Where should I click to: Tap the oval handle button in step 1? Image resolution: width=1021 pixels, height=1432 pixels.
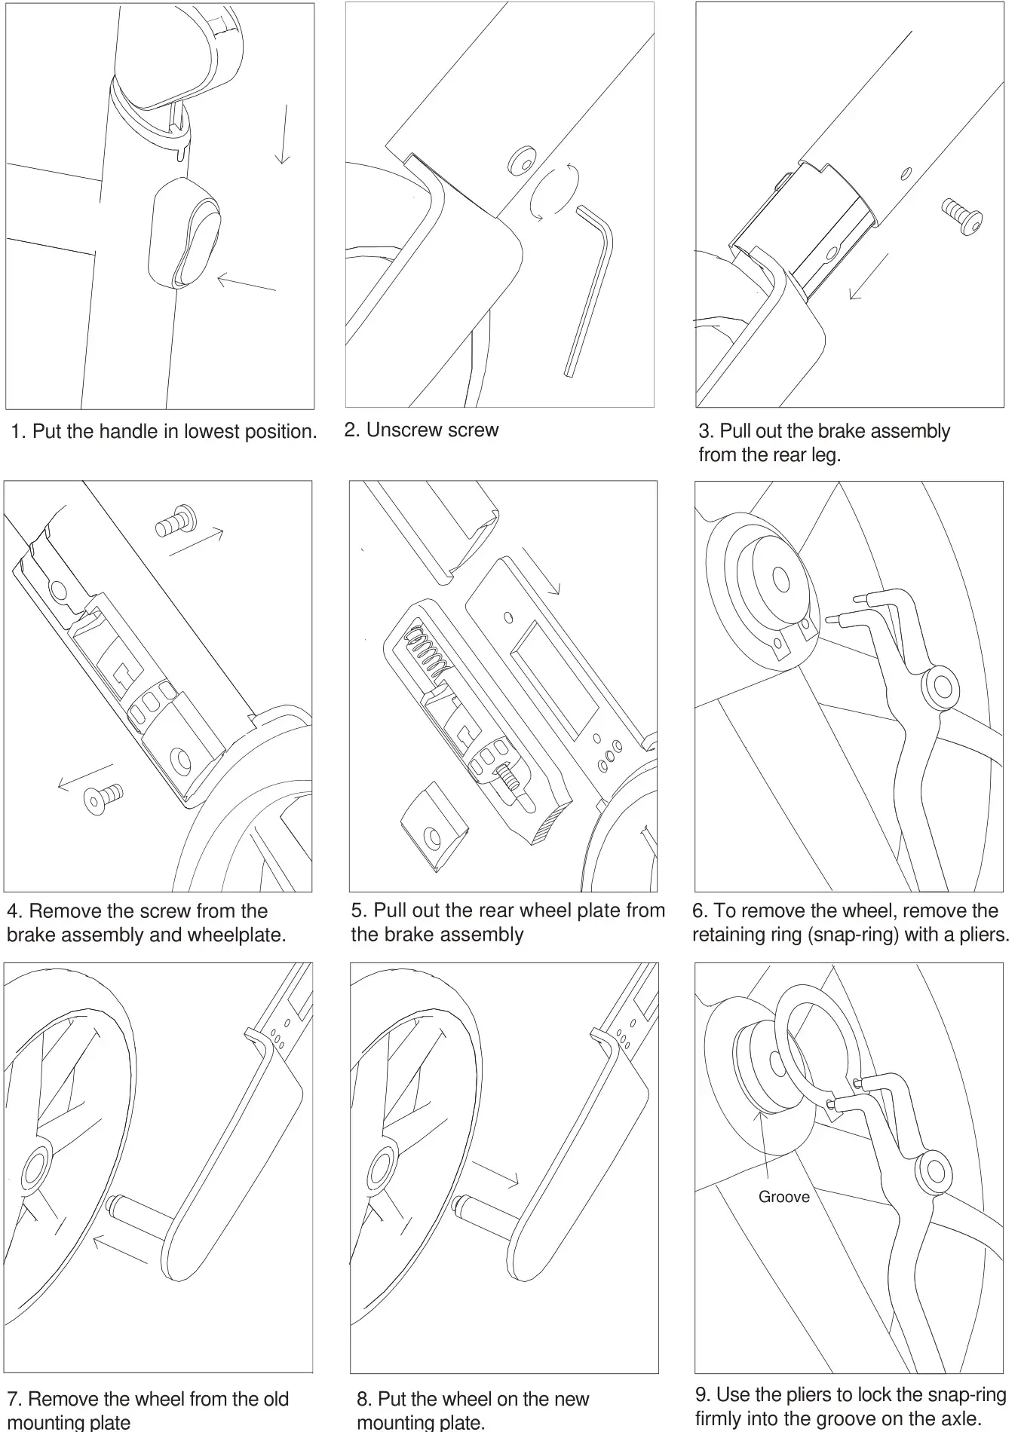point(185,234)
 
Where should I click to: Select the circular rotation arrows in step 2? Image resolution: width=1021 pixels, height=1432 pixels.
point(555,192)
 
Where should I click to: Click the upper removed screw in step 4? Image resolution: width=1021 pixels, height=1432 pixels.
point(176,522)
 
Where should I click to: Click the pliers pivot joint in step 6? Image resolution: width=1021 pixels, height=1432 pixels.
point(943,687)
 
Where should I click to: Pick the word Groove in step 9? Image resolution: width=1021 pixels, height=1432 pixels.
point(783,1197)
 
